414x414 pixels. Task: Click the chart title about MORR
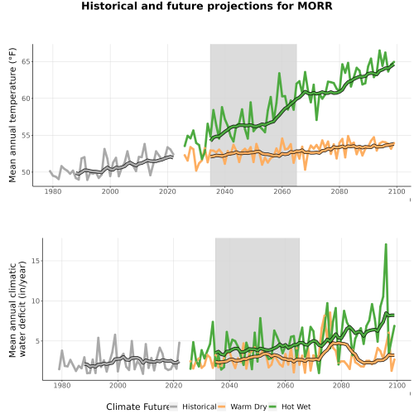pyautogui.click(x=207, y=6)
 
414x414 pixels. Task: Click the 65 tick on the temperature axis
pyautogui.click(x=26, y=61)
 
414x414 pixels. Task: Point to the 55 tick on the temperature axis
pyautogui.click(x=26, y=135)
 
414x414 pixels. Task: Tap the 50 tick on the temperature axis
pyautogui.click(x=26, y=172)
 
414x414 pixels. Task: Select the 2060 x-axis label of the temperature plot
pyautogui.click(x=282, y=191)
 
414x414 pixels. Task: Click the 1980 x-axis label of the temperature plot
pyautogui.click(x=53, y=191)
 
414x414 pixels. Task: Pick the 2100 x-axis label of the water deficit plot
pyautogui.click(x=397, y=385)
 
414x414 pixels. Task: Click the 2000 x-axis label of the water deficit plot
pyautogui.click(x=118, y=385)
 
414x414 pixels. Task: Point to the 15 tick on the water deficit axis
pyautogui.click(x=36, y=261)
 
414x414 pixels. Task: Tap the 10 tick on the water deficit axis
pyautogui.click(x=36, y=301)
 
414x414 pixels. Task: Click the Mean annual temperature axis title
pyautogui.click(x=12, y=115)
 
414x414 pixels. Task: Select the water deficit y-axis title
pyautogui.click(x=17, y=309)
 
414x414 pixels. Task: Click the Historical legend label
pyautogui.click(x=200, y=407)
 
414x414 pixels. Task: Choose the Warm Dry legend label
pyautogui.click(x=248, y=407)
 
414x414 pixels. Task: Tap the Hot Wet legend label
pyautogui.click(x=296, y=407)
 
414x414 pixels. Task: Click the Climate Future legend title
pyautogui.click(x=137, y=407)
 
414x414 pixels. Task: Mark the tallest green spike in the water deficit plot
pyautogui.click(x=386, y=244)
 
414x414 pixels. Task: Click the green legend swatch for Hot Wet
pyautogui.click(x=272, y=407)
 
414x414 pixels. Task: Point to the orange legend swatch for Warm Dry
pyautogui.click(x=222, y=407)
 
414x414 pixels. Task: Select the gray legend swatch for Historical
pyautogui.click(x=174, y=407)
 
